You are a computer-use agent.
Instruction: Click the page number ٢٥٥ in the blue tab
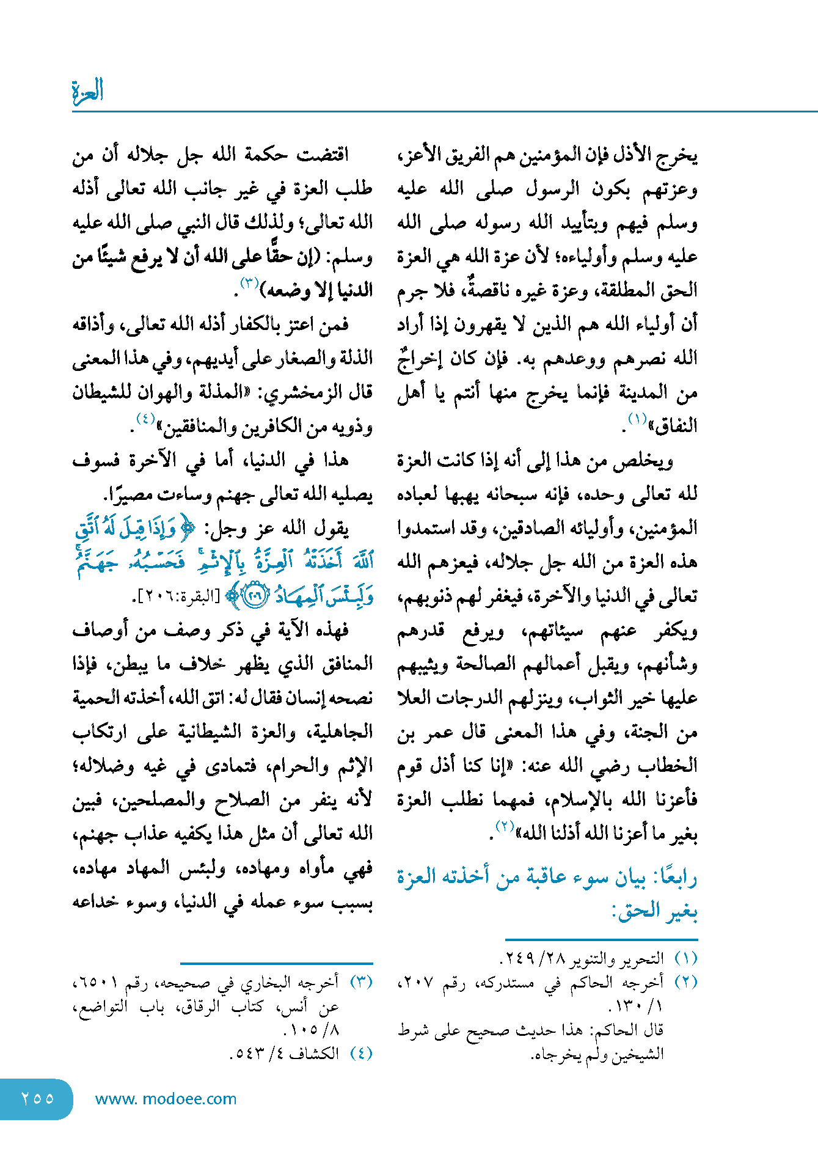(x=37, y=1099)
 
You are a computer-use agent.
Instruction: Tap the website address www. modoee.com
(x=166, y=1099)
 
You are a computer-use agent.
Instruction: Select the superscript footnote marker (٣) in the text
(x=249, y=283)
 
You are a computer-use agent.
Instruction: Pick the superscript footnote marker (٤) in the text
(x=145, y=419)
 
